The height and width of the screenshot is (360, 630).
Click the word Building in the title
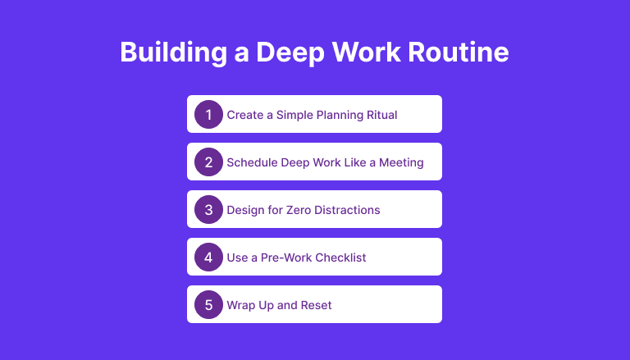click(x=174, y=52)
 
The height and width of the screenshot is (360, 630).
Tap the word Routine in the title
click(x=459, y=52)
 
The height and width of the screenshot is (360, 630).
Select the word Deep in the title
click(x=290, y=52)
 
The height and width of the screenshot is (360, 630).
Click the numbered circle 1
click(x=208, y=115)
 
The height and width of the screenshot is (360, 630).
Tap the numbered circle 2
click(x=208, y=162)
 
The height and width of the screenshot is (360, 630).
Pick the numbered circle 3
click(x=208, y=209)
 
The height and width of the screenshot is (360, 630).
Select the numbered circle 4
click(x=208, y=257)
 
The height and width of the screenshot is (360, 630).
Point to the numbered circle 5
click(x=208, y=304)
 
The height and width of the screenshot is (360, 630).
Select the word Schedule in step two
click(x=252, y=162)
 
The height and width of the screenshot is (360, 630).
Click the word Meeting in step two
click(x=401, y=163)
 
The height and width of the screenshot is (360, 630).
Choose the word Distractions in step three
click(x=347, y=210)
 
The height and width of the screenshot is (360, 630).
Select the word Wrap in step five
click(x=240, y=306)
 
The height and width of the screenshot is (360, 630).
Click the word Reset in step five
click(x=316, y=305)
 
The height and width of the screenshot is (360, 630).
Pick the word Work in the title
click(x=367, y=52)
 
